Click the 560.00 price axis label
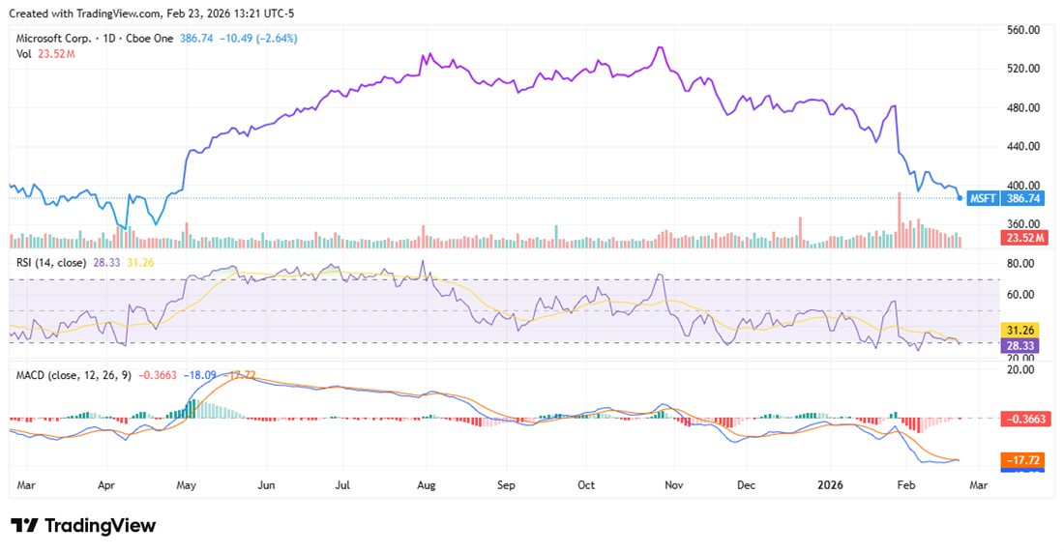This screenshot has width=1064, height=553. coord(1022,30)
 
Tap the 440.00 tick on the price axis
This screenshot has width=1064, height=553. coord(1022,146)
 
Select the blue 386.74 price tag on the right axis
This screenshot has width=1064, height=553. coord(1023,198)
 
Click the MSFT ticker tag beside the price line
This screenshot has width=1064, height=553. coord(983,198)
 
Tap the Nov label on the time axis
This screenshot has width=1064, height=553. coord(675,483)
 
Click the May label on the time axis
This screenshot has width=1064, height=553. coord(187,483)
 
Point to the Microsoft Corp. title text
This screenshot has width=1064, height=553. coord(56,39)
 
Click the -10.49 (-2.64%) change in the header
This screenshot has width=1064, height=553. coord(258,39)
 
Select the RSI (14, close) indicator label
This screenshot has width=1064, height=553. coord(51,262)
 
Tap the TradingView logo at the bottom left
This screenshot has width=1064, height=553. coord(83,525)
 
